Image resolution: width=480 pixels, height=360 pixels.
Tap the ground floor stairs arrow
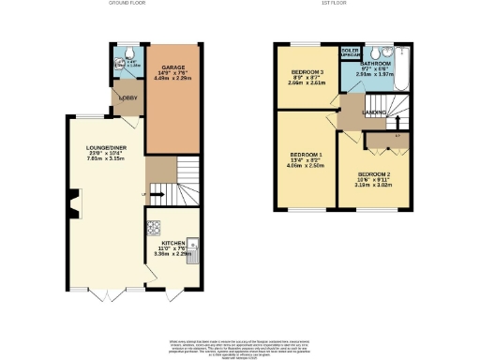pyautogui.click(x=155, y=196)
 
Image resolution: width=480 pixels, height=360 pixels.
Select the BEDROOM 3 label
pyautogui.click(x=306, y=73)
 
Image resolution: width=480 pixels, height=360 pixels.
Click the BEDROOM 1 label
pyautogui.click(x=305, y=155)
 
